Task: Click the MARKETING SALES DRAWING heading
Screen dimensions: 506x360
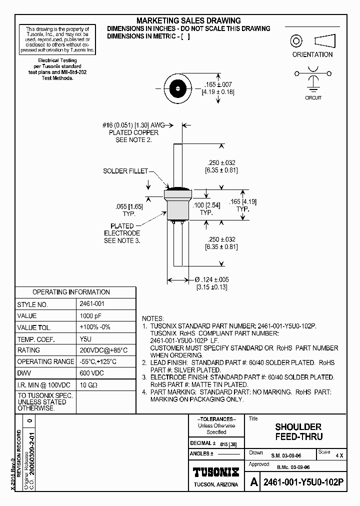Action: (188, 20)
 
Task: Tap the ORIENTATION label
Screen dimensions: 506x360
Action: (312, 54)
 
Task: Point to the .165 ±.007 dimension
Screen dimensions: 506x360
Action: (218, 84)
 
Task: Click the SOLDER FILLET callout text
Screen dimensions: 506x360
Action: (125, 171)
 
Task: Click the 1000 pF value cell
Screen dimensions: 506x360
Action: (90, 315)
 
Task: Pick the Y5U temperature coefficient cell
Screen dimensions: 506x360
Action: (85, 339)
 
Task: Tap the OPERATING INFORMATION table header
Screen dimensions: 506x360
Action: (71, 292)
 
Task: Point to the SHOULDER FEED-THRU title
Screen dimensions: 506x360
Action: (298, 431)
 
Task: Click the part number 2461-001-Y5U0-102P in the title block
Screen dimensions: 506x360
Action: (303, 482)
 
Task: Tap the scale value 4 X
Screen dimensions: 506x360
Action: (339, 455)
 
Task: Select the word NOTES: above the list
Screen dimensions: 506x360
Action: (153, 318)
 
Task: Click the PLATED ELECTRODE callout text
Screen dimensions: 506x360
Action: (122, 233)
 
